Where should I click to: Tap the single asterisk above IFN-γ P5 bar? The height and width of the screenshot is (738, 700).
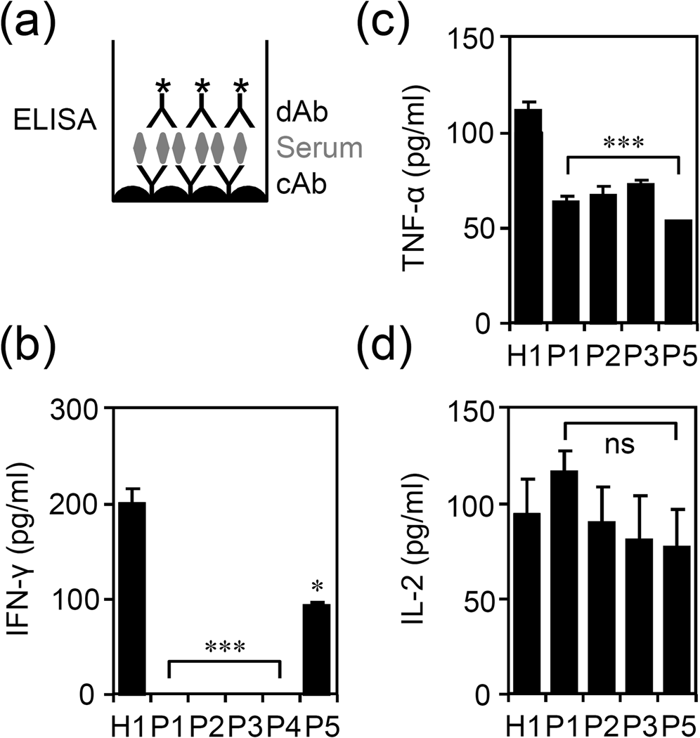pyautogui.click(x=316, y=585)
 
